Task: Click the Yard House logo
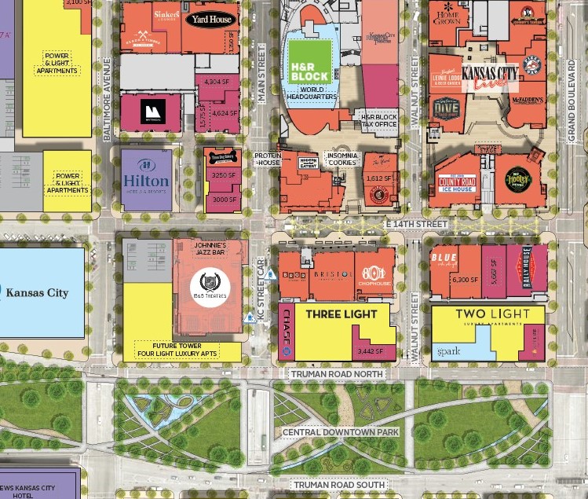coord(210,20)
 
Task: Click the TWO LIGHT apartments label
coord(489,315)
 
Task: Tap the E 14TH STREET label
coord(416,225)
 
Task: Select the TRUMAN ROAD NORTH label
coord(337,374)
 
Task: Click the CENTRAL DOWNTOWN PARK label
coord(341,432)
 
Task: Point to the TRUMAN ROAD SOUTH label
coord(339,485)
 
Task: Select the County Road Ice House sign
coord(457,184)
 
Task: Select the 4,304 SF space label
coord(216,82)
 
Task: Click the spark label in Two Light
coord(450,352)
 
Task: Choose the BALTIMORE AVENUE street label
coord(108,102)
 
